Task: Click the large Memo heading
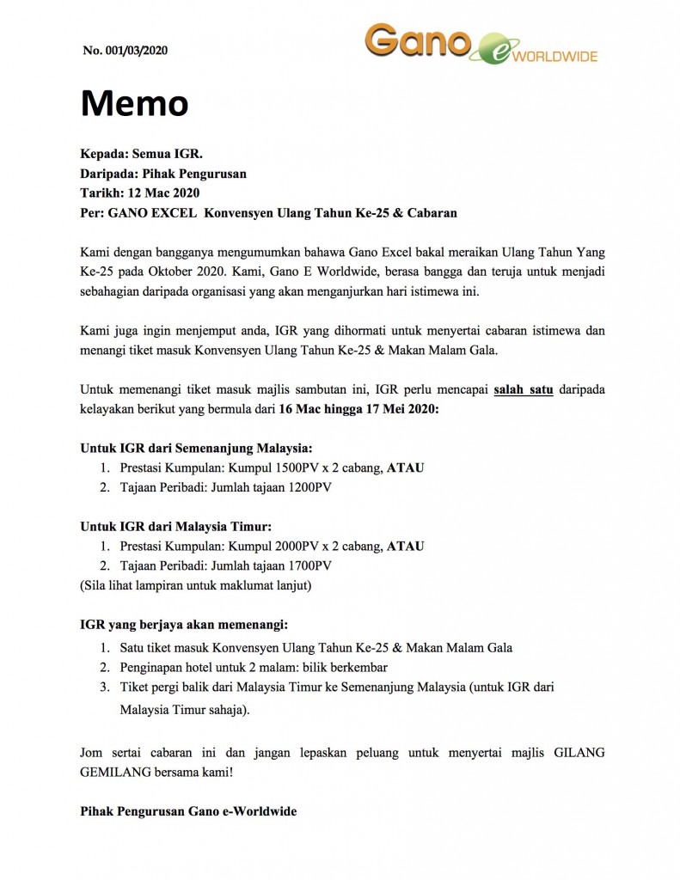(134, 104)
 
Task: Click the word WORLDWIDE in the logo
(555, 56)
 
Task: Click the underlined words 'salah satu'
(524, 389)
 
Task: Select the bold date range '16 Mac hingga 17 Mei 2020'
(359, 409)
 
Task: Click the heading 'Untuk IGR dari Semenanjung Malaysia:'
(196, 448)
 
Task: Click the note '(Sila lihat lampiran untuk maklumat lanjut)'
(196, 586)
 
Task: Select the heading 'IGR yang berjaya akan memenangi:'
(184, 625)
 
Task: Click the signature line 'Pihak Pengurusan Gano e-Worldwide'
(188, 810)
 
